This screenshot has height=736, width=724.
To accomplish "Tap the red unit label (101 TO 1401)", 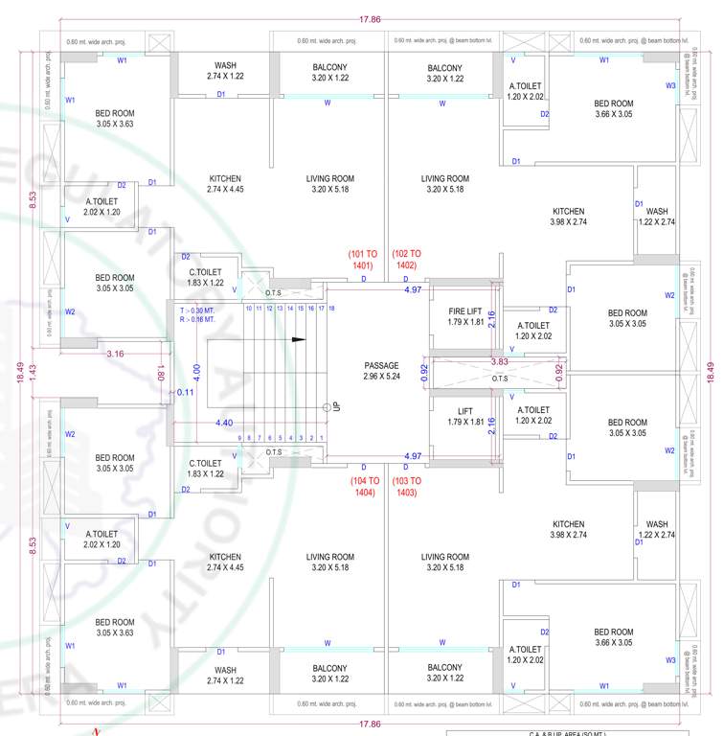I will pos(362,259).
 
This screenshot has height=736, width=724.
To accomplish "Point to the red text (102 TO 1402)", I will pos(405,259).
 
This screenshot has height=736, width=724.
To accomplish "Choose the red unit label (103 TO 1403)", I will pos(405,486).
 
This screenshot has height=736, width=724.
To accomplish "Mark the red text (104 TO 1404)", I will pos(362,486).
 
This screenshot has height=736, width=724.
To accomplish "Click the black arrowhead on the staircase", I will pos(300,339).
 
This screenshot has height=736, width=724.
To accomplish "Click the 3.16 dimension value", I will pos(114,355).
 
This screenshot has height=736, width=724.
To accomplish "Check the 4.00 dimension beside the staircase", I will pos(196,368).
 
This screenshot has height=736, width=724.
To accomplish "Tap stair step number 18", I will pos(331,309).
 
